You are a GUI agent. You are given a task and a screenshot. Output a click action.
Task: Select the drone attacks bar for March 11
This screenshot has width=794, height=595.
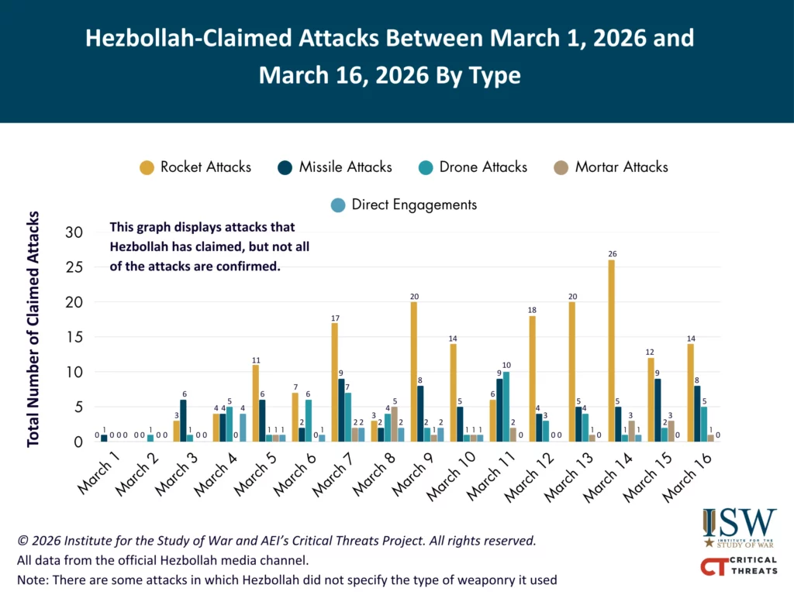pos(506,407)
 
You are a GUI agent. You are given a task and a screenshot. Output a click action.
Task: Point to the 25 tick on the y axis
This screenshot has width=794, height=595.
pos(74,267)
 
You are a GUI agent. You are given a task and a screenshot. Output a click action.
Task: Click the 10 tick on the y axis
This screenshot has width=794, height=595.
pos(74,372)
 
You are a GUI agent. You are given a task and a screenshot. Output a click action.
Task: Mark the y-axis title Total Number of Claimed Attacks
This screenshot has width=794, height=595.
pos(33,328)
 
